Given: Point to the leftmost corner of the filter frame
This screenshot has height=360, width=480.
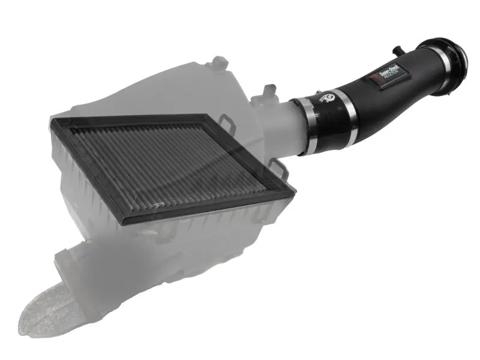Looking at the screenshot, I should point(48,126).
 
